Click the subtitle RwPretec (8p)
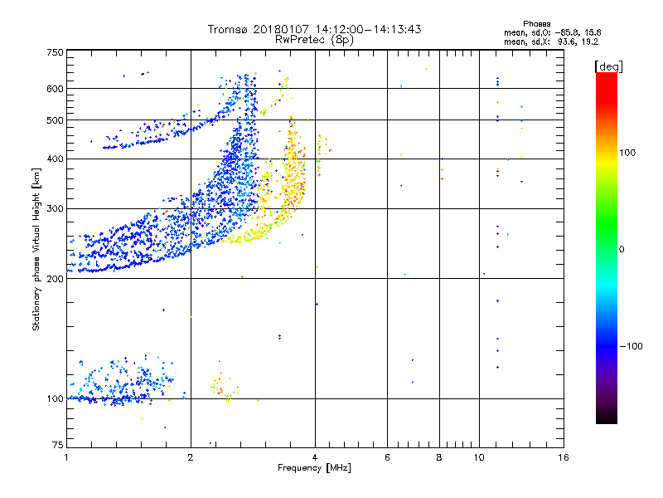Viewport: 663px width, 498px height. tap(314, 39)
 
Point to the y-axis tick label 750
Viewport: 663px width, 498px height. tap(55, 52)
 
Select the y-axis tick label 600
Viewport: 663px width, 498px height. tap(55, 89)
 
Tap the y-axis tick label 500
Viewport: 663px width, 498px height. tap(55, 120)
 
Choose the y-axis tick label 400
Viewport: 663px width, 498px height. tap(55, 159)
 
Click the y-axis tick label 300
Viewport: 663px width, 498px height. tap(55, 209)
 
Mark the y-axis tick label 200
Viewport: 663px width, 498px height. tap(55, 279)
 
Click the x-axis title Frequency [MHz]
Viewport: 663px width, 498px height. tap(314, 468)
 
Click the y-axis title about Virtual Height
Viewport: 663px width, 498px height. tap(36, 249)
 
